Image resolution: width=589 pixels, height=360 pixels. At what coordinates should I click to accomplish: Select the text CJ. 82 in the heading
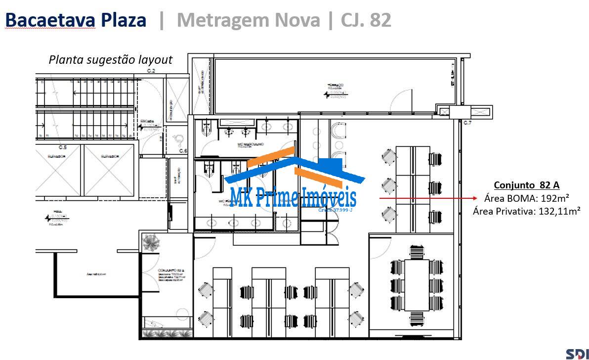tap(366, 20)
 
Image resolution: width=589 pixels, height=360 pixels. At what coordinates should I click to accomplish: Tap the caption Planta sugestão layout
tap(110, 60)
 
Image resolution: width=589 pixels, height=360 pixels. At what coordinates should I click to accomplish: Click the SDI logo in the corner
tap(577, 353)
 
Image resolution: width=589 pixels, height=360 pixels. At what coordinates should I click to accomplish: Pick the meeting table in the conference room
tap(416, 284)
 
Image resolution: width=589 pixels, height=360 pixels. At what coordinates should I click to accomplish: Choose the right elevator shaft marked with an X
tap(109, 170)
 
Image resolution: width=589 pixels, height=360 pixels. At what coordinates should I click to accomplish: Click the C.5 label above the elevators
tap(63, 147)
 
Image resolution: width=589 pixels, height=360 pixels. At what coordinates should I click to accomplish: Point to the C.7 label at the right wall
tap(467, 122)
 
